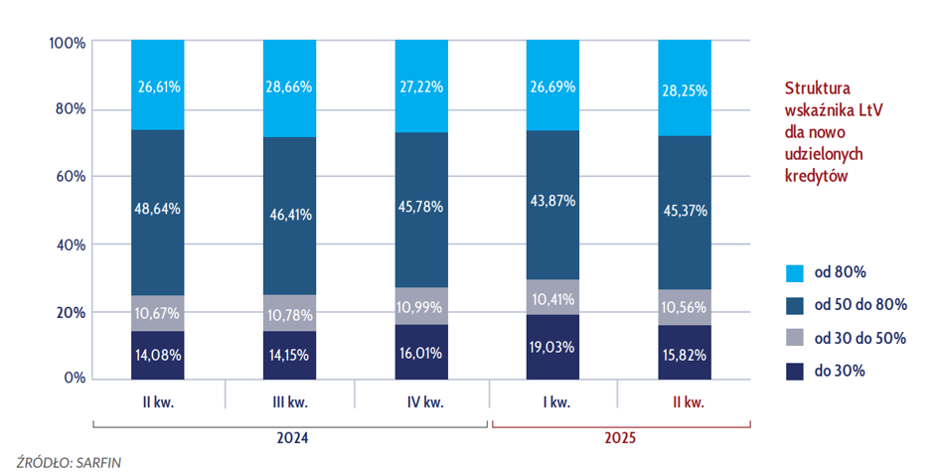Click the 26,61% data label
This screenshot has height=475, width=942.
tap(158, 87)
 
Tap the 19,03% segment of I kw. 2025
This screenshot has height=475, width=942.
tap(553, 347)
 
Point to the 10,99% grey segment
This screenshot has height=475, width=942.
tap(421, 306)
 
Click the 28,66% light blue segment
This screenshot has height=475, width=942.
tap(289, 88)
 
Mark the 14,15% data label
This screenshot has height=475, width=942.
tap(289, 353)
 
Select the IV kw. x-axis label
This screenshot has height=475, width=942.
tap(421, 402)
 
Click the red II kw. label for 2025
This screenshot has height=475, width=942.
tap(685, 402)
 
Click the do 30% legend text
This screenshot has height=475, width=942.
tap(840, 371)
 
